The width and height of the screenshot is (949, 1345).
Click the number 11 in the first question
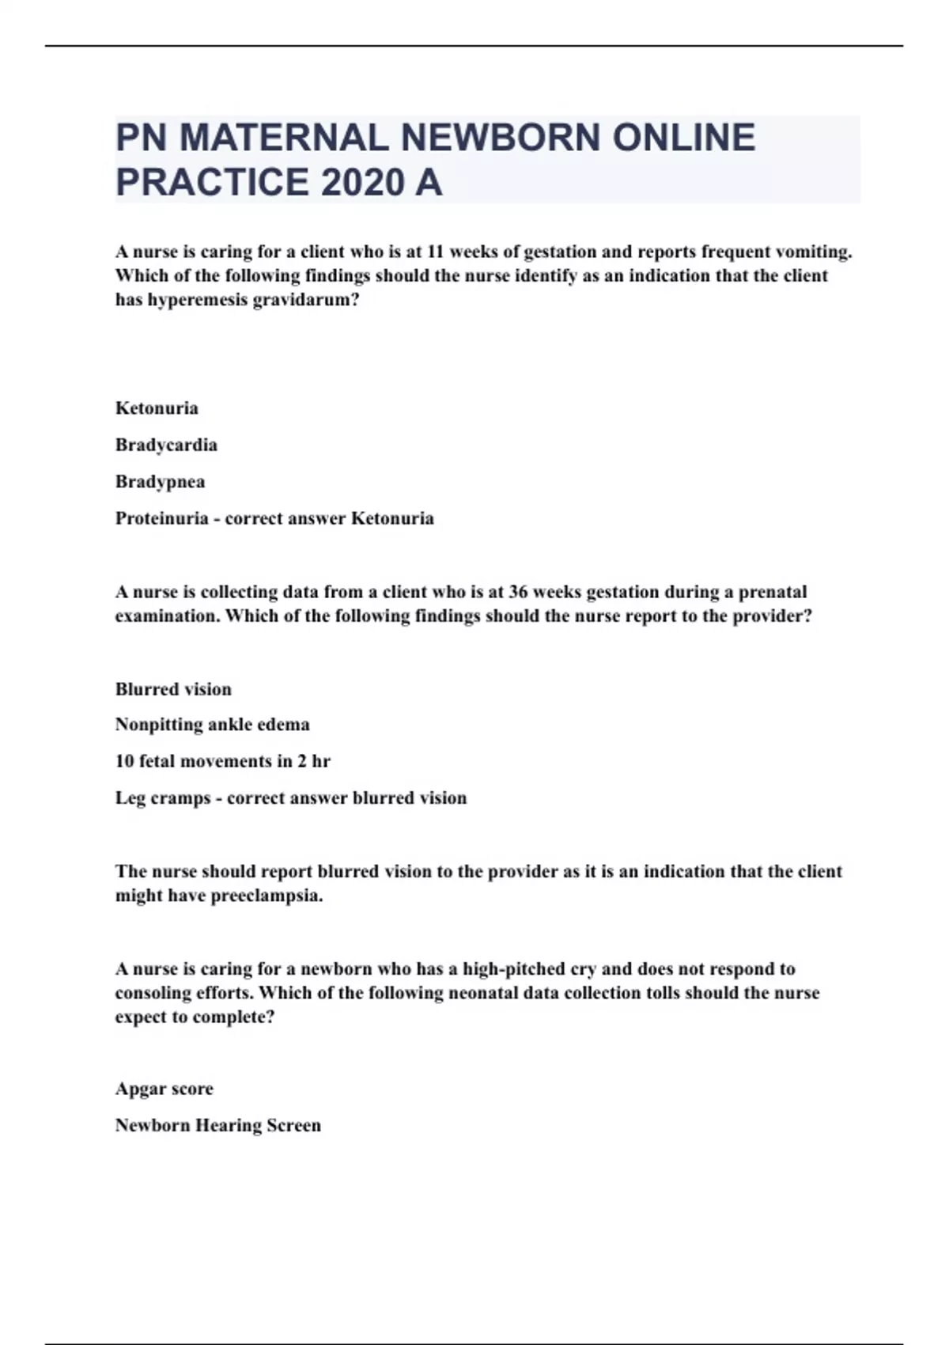pyautogui.click(x=437, y=252)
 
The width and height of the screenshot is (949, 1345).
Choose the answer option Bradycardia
pyautogui.click(x=166, y=445)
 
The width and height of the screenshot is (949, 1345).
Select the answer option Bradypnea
pyautogui.click(x=160, y=481)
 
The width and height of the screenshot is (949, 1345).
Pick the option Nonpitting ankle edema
pyautogui.click(x=212, y=724)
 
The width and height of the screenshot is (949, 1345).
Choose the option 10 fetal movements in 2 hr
pyautogui.click(x=222, y=761)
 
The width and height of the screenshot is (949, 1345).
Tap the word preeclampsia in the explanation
pyautogui.click(x=267, y=896)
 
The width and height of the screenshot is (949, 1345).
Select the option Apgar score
pyautogui.click(x=164, y=1089)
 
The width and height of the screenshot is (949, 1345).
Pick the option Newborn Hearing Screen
pyautogui.click(x=217, y=1125)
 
